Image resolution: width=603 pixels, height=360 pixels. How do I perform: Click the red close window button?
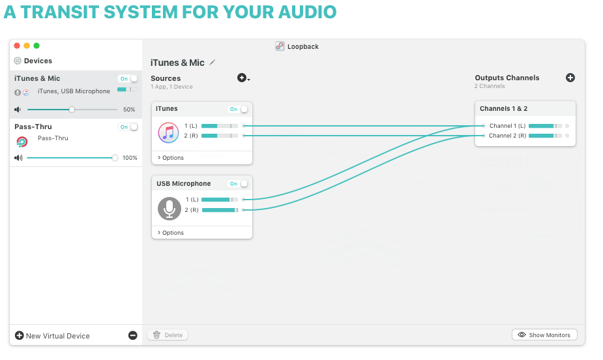click(x=17, y=46)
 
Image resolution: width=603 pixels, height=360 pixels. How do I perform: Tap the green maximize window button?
click(x=37, y=46)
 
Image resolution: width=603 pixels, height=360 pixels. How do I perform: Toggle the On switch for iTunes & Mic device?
click(x=128, y=78)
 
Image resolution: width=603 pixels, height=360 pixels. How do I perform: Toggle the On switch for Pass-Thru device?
click(x=128, y=127)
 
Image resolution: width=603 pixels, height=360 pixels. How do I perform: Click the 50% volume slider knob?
click(x=72, y=110)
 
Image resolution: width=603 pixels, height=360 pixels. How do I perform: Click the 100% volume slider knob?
click(x=115, y=158)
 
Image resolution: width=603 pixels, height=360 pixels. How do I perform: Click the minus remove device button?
click(x=133, y=335)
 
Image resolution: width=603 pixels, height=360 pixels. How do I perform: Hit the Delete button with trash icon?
click(x=168, y=335)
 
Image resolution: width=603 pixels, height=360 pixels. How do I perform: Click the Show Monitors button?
click(x=544, y=335)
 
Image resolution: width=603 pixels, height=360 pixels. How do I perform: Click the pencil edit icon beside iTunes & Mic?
click(x=213, y=63)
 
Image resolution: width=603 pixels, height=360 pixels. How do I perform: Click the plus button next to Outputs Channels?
click(x=570, y=78)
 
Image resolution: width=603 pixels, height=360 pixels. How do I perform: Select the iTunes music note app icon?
click(x=168, y=132)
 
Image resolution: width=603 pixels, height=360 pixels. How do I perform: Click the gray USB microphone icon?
click(x=169, y=209)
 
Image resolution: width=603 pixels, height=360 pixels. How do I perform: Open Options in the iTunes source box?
click(x=171, y=158)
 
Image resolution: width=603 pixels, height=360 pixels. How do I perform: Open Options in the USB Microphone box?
click(x=171, y=233)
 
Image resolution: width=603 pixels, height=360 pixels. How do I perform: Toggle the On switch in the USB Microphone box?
click(x=239, y=184)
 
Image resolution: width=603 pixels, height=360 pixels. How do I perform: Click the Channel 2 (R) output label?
click(x=507, y=136)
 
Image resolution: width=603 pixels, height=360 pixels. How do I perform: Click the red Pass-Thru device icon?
click(x=22, y=142)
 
